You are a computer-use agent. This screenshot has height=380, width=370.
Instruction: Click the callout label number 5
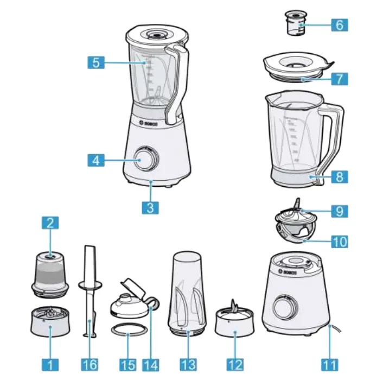point(96,62)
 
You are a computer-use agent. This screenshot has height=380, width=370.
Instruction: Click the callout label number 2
point(50,223)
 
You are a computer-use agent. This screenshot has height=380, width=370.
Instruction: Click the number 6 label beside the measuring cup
point(339,25)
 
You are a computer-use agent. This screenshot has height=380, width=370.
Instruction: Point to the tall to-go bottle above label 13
point(188,290)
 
